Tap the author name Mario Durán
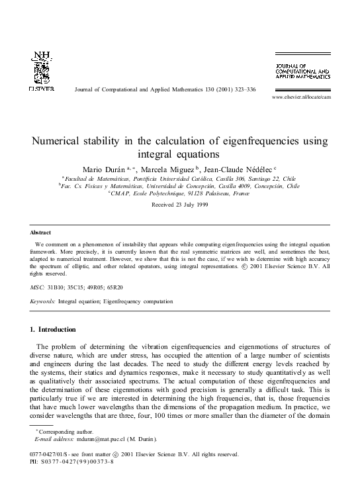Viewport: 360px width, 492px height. [x=105, y=170]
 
